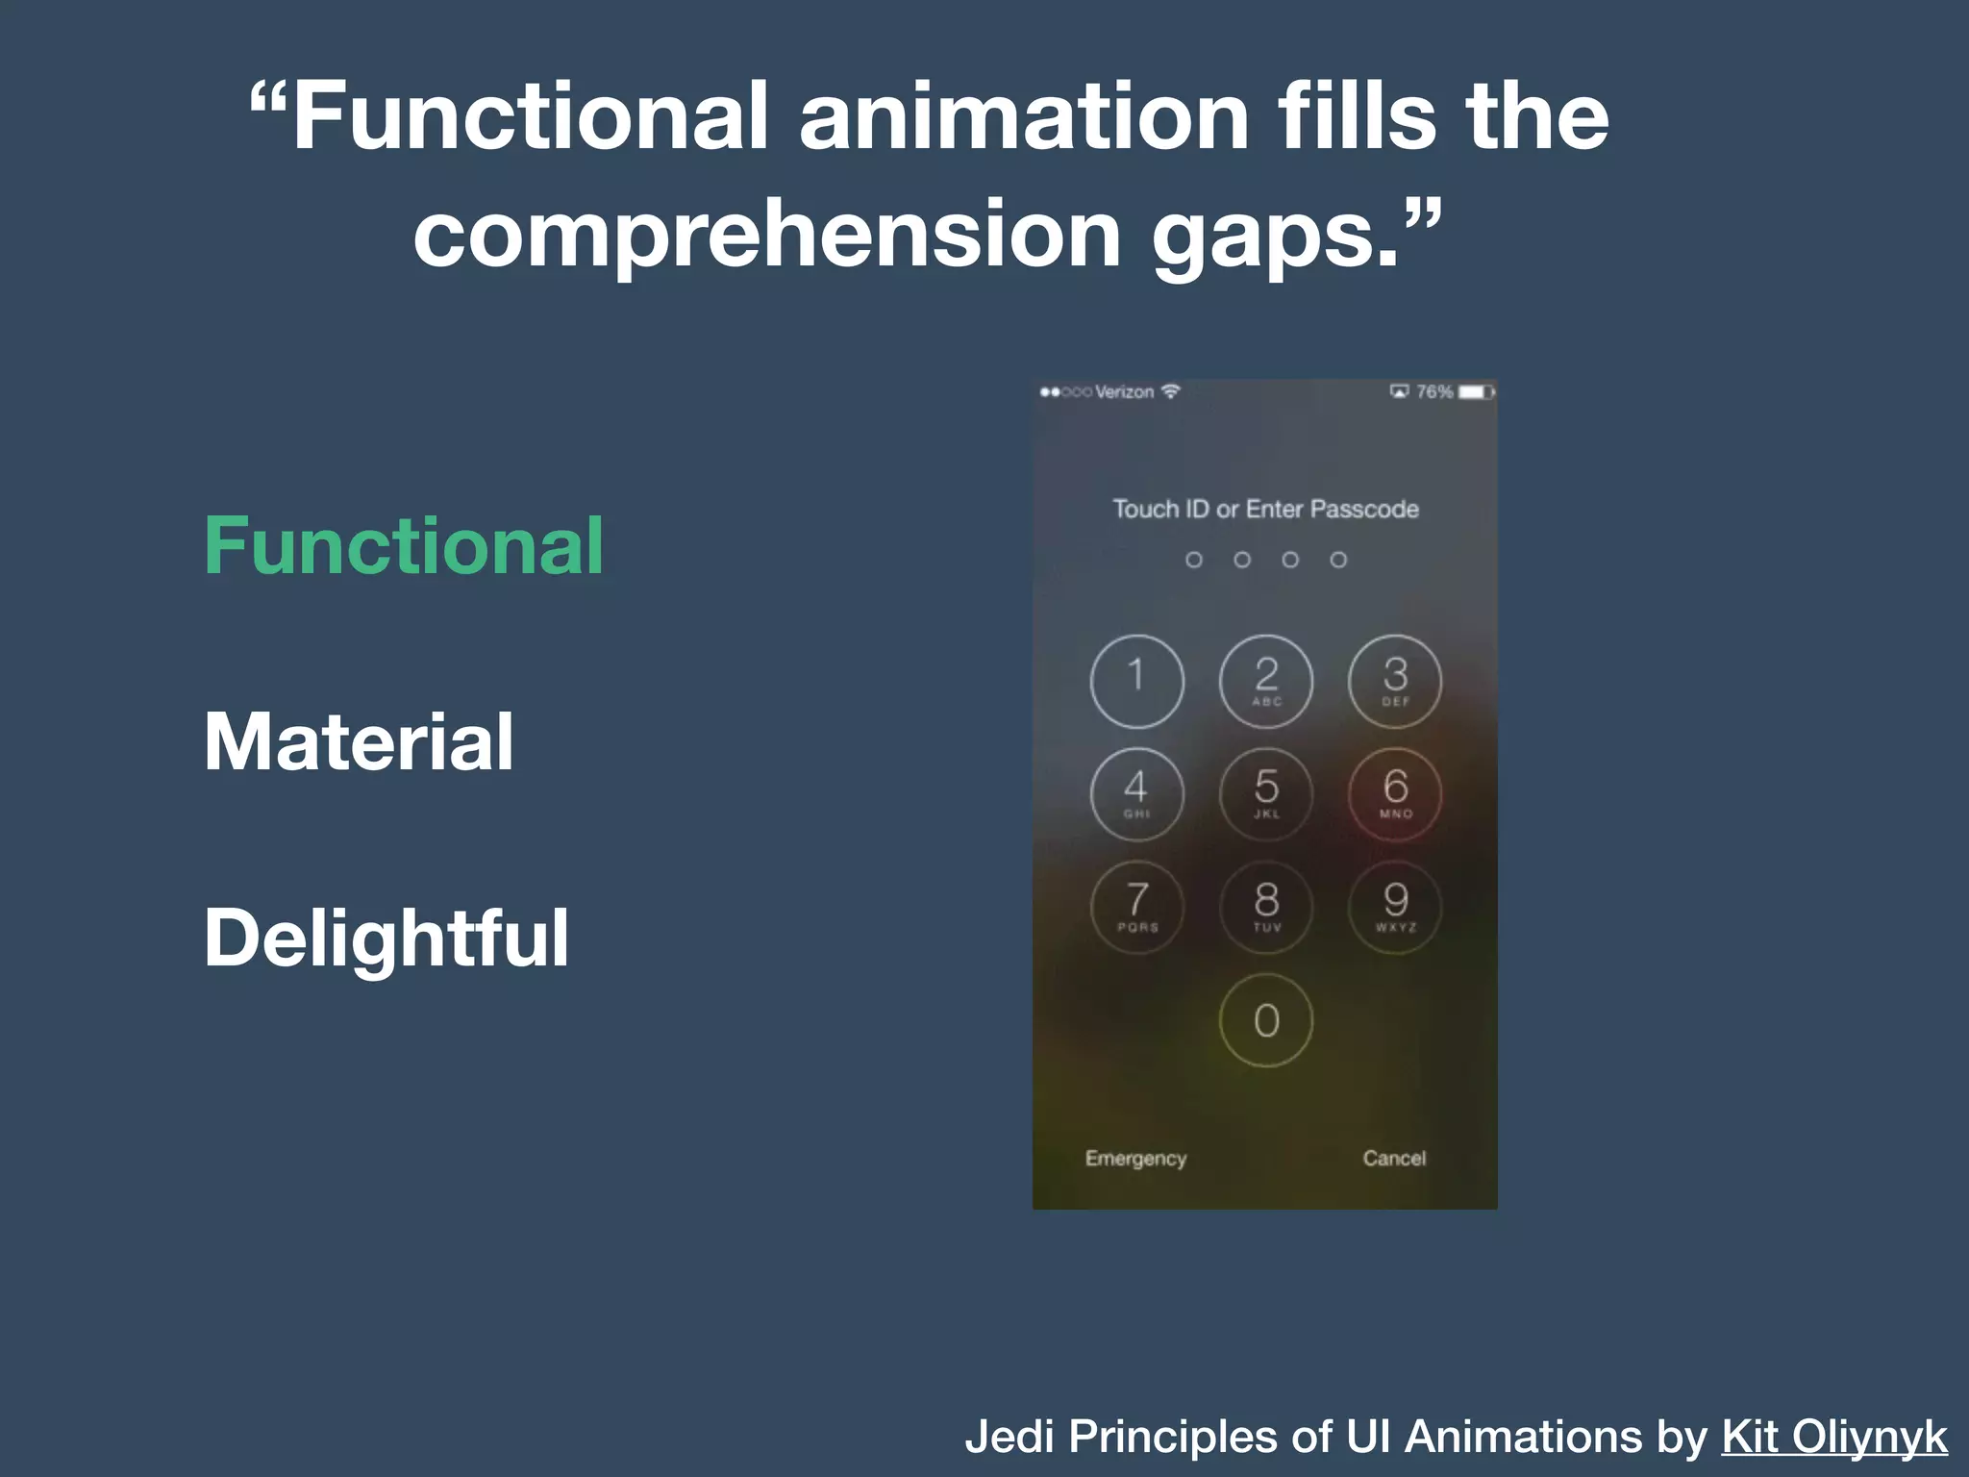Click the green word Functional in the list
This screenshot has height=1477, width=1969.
(404, 545)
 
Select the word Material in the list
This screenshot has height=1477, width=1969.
(359, 741)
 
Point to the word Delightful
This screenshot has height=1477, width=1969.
(386, 938)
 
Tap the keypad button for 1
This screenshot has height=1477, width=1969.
(1136, 681)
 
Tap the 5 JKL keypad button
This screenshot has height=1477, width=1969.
(1266, 793)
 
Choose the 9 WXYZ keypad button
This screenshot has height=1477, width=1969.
(1395, 906)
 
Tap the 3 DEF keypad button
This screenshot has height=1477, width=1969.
(1395, 681)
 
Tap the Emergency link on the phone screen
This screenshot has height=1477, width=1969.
(1135, 1159)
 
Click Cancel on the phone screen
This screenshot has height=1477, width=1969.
(1394, 1159)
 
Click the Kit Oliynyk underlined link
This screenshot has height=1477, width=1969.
(1834, 1437)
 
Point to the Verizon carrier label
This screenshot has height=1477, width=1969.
(1124, 392)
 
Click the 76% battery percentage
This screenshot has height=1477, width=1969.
(1434, 392)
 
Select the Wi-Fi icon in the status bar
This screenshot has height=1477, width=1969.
(1170, 391)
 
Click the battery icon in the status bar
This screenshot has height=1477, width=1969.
(1476, 392)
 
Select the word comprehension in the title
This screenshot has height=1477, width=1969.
(767, 234)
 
